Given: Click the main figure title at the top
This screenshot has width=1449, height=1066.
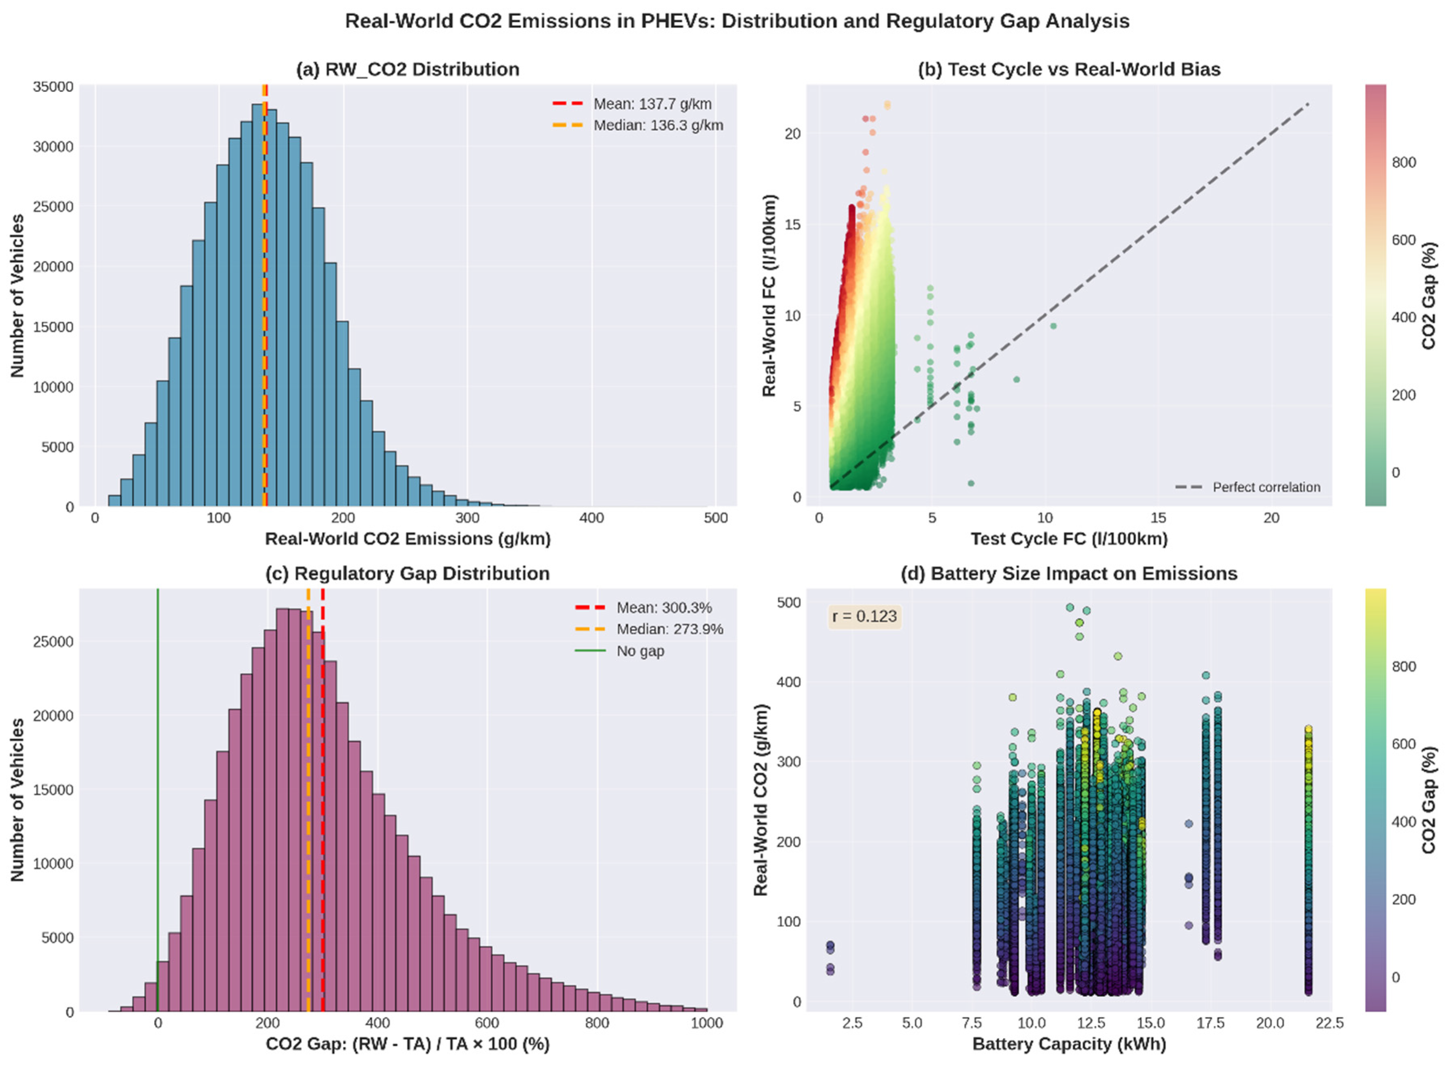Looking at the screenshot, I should point(737,21).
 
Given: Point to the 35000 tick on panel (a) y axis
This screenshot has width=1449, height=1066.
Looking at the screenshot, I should point(53,87).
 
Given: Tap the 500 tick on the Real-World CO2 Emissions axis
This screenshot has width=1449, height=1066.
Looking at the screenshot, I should point(715,518).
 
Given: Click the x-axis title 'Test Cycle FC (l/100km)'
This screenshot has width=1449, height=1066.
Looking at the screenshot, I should point(1069,539).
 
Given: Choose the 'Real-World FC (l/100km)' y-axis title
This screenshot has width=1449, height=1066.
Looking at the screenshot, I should point(769,296).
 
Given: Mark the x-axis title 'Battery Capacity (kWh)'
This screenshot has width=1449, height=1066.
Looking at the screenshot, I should point(1069,1044).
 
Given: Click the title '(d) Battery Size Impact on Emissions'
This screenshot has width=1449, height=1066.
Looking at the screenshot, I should point(1069,574).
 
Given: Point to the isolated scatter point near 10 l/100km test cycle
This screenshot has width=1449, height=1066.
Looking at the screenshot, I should point(1053,326).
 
